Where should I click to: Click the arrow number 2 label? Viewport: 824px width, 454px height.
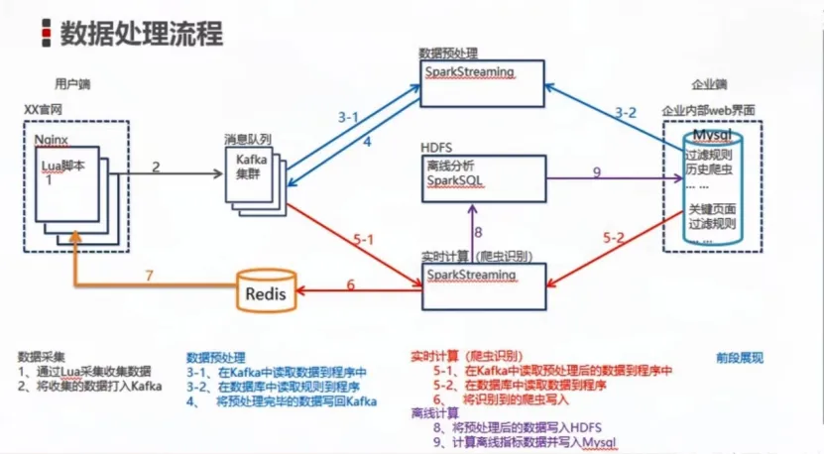pos(156,166)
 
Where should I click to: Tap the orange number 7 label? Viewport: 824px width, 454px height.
pos(150,274)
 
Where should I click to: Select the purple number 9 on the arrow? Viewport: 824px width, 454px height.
pos(596,171)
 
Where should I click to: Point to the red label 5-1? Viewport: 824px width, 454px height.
pos(363,238)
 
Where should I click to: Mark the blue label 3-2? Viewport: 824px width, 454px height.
pos(625,111)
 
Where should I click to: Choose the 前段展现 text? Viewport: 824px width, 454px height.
pos(740,357)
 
